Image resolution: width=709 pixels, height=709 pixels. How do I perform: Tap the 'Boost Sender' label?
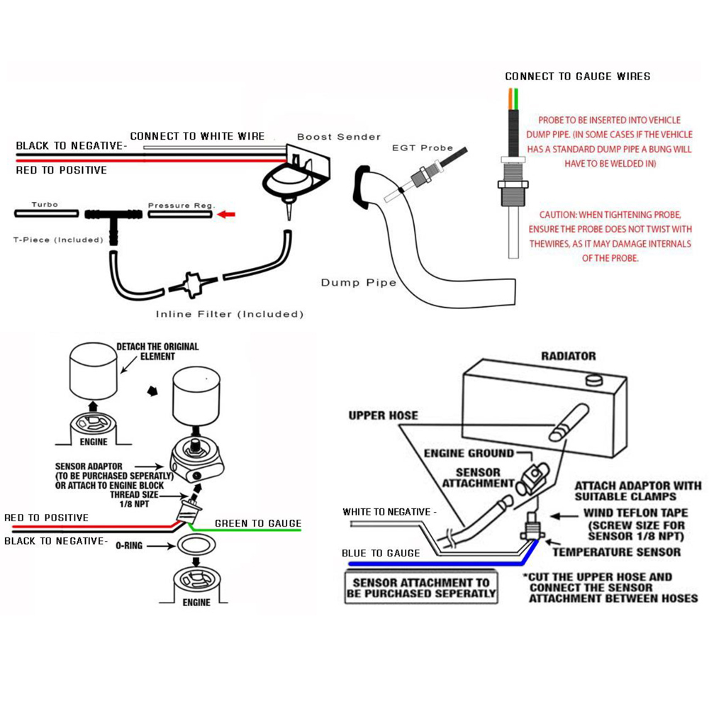[x=338, y=137]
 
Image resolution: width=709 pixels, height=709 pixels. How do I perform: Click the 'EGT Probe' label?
[x=423, y=147]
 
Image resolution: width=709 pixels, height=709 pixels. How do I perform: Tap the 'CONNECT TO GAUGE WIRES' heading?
[x=577, y=76]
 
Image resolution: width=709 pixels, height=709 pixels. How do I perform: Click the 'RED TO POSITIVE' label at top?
[x=62, y=170]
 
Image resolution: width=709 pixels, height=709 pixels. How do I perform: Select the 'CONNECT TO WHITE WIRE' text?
[x=197, y=136]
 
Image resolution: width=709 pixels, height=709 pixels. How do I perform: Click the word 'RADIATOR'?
[x=568, y=356]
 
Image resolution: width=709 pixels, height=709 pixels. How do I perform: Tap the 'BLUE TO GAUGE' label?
[x=380, y=553]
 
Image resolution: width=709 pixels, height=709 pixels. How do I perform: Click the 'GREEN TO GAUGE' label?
[x=257, y=524]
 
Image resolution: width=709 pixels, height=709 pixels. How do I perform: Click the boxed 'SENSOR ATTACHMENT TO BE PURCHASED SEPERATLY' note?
[x=421, y=588]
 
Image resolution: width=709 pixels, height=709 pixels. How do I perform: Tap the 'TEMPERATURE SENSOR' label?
[x=616, y=552]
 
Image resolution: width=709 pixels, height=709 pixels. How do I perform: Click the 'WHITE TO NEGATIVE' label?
[x=389, y=511]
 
